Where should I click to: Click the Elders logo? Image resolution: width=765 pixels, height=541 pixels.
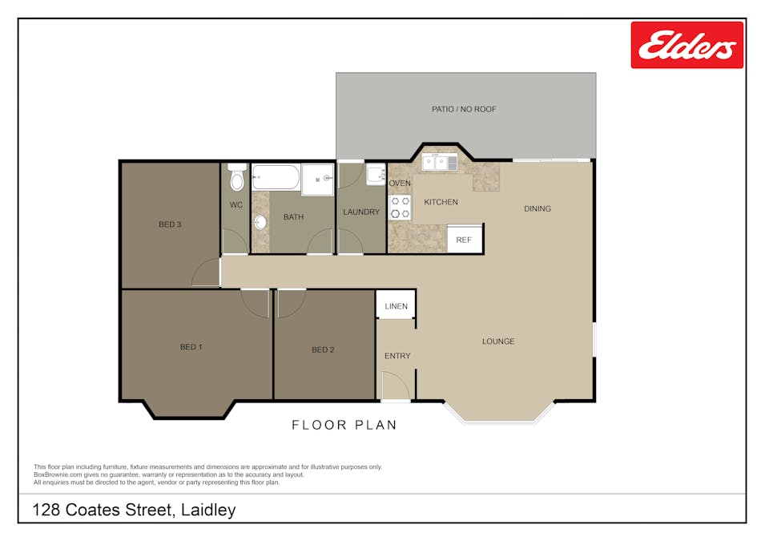point(686,45)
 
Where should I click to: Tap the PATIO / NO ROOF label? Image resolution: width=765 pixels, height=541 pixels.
point(464,109)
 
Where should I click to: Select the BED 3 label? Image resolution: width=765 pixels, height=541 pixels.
point(170,224)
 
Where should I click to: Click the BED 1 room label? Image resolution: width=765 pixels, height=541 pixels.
point(191,347)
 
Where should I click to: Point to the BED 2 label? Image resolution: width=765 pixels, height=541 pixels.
point(323,349)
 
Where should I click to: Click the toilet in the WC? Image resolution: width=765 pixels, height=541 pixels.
point(236,178)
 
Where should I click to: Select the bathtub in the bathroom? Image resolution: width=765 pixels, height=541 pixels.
point(276,176)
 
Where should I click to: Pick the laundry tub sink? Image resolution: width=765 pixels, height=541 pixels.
point(375,175)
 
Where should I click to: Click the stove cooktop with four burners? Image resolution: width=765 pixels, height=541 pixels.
point(400,208)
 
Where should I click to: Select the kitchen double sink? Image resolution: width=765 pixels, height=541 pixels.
point(440,163)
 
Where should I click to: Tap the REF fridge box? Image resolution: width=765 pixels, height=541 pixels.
point(465,240)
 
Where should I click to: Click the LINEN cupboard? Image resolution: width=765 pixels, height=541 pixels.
point(396,306)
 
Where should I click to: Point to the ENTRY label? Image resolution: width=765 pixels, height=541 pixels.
point(397,356)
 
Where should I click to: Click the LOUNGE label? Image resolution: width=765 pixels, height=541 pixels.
point(498,341)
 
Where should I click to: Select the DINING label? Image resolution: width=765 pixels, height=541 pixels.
point(538,209)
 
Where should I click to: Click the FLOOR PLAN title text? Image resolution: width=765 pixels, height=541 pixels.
point(344,425)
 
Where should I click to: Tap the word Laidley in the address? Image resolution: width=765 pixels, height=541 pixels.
point(208,510)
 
